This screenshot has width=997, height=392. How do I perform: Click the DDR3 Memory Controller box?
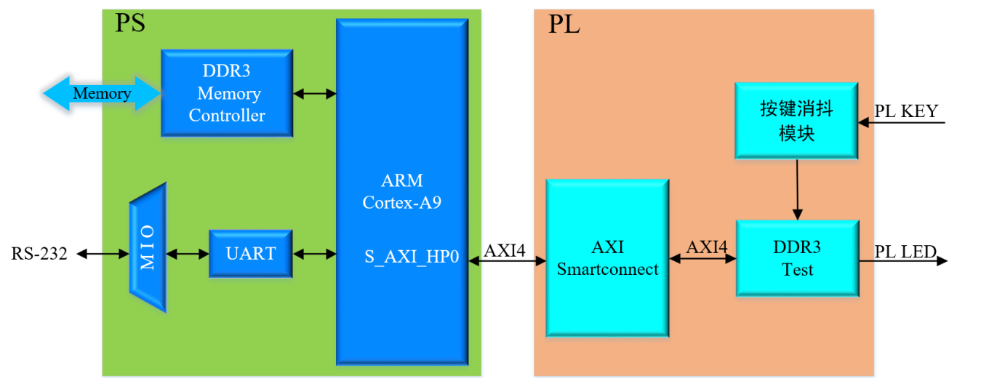click(x=226, y=93)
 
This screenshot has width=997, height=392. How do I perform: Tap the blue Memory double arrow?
click(x=102, y=94)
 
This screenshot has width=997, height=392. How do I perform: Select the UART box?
click(x=250, y=253)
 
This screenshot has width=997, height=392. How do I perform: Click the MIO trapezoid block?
click(x=148, y=247)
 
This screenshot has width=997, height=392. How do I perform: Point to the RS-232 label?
click(x=39, y=254)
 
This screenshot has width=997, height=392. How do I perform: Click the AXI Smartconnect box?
click(x=607, y=258)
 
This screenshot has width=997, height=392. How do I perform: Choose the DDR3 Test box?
click(x=797, y=258)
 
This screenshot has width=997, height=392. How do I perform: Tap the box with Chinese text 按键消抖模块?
click(x=796, y=121)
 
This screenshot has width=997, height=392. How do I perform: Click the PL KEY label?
click(x=906, y=111)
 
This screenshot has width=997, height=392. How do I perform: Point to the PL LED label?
click(x=905, y=252)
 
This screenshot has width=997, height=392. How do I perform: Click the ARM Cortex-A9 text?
click(x=402, y=192)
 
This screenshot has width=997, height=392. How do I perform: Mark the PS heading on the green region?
click(x=130, y=23)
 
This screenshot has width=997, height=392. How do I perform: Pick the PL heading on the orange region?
click(x=564, y=25)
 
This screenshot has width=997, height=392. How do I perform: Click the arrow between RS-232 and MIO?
click(x=103, y=254)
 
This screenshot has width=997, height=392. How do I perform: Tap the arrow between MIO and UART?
click(x=188, y=254)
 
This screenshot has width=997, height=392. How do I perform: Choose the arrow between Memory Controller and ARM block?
click(x=314, y=93)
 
